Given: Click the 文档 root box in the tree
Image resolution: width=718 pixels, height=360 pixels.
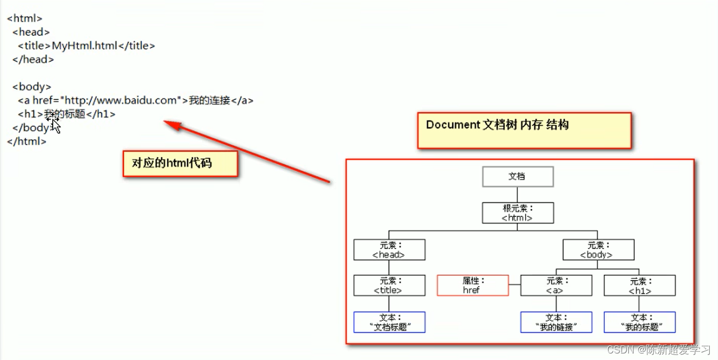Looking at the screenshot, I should tap(517, 177).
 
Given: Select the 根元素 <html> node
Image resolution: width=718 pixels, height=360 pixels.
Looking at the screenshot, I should tap(517, 213).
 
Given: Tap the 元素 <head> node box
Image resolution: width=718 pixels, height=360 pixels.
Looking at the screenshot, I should tap(389, 250).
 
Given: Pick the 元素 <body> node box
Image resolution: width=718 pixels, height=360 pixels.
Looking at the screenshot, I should tap(598, 250).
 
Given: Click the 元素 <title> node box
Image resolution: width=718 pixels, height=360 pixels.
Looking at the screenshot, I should tap(389, 285).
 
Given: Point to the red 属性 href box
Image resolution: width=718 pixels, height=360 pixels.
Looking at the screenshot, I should tap(472, 285).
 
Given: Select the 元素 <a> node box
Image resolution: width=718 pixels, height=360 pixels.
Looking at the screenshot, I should tap(556, 285).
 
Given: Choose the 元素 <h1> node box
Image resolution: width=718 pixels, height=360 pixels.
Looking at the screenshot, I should tap(640, 285).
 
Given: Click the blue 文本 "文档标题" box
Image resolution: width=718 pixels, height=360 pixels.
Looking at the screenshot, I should tap(389, 322).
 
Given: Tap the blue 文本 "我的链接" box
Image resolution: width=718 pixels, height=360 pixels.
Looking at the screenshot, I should tap(556, 322).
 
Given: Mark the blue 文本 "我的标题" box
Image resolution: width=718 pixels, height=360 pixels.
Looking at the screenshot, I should tap(640, 322).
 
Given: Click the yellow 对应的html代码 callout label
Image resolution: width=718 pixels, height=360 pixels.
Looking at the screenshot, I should tap(180, 163).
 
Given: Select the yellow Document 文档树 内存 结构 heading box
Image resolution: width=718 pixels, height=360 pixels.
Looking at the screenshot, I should tap(524, 130).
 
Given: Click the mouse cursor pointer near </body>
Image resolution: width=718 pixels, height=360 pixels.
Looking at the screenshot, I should tap(55, 125).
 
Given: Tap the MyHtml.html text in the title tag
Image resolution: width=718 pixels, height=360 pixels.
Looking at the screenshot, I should tap(85, 46).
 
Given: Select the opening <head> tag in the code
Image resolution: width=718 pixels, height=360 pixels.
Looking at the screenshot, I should tap(31, 32).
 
